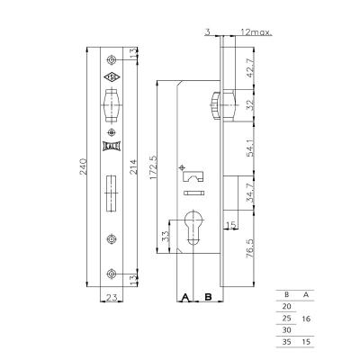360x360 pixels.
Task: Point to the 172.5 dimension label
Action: click(x=154, y=167)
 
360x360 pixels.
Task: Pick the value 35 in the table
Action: click(x=288, y=341)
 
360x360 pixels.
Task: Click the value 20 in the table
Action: click(x=288, y=307)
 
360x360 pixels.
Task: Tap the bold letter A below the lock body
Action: click(x=184, y=295)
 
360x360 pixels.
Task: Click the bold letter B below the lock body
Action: click(x=208, y=295)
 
